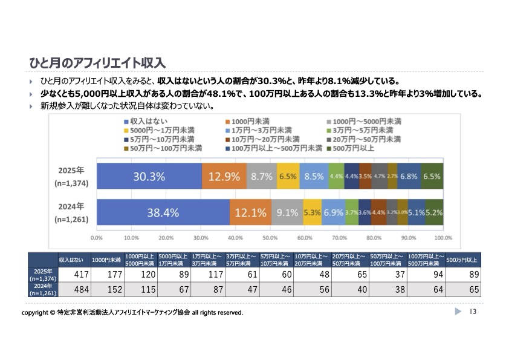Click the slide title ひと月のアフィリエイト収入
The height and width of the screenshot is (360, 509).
[x=97, y=63]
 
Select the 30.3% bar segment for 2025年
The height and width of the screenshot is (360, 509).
[x=149, y=177]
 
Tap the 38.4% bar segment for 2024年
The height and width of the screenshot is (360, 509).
[x=163, y=212]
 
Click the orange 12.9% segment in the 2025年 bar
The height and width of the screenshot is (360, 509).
[x=224, y=177]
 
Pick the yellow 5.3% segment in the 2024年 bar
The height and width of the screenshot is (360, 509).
[x=312, y=212]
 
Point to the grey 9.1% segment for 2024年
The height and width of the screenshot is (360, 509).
[x=287, y=212]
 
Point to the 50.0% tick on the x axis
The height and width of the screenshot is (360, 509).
[x=270, y=238]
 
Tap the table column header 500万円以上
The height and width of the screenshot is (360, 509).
[x=462, y=260]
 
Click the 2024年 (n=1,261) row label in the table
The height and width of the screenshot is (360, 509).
[x=44, y=290]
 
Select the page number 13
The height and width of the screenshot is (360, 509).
[x=473, y=312]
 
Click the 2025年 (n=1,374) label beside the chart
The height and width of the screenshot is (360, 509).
[x=71, y=176]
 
